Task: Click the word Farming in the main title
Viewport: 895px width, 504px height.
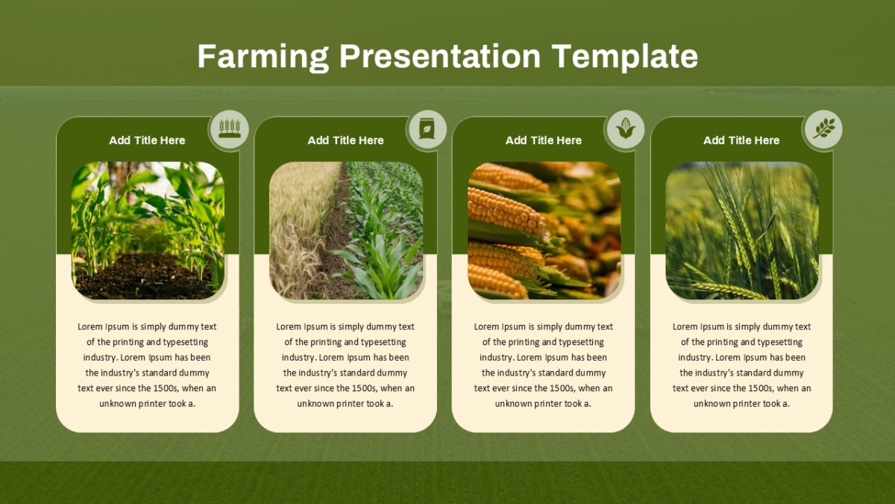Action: (x=263, y=57)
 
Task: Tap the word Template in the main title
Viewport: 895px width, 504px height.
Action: (x=624, y=57)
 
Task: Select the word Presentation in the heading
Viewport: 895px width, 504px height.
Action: (x=440, y=56)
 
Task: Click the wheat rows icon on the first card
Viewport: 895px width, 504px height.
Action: (x=230, y=128)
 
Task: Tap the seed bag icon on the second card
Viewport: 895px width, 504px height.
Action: (x=427, y=128)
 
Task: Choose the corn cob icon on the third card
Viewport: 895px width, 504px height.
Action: (x=625, y=128)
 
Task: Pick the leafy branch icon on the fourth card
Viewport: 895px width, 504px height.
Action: (x=824, y=128)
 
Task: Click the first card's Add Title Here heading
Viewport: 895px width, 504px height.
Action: (x=147, y=140)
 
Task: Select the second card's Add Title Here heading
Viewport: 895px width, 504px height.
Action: (x=345, y=140)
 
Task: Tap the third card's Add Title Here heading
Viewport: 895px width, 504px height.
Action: (x=544, y=140)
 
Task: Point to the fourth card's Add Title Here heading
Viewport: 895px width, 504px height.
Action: (x=741, y=140)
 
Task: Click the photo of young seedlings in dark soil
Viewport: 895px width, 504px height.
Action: (x=148, y=231)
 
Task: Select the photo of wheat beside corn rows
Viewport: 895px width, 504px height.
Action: (x=346, y=231)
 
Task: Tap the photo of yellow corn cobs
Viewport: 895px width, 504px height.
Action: (x=544, y=231)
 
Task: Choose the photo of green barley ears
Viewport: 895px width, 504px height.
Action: (x=742, y=231)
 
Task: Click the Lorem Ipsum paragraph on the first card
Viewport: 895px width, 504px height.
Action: (x=147, y=365)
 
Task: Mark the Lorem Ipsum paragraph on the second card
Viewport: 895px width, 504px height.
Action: (x=345, y=365)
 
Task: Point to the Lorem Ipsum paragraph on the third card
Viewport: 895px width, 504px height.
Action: (x=544, y=365)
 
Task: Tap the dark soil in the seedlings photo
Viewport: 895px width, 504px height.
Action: (x=144, y=278)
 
